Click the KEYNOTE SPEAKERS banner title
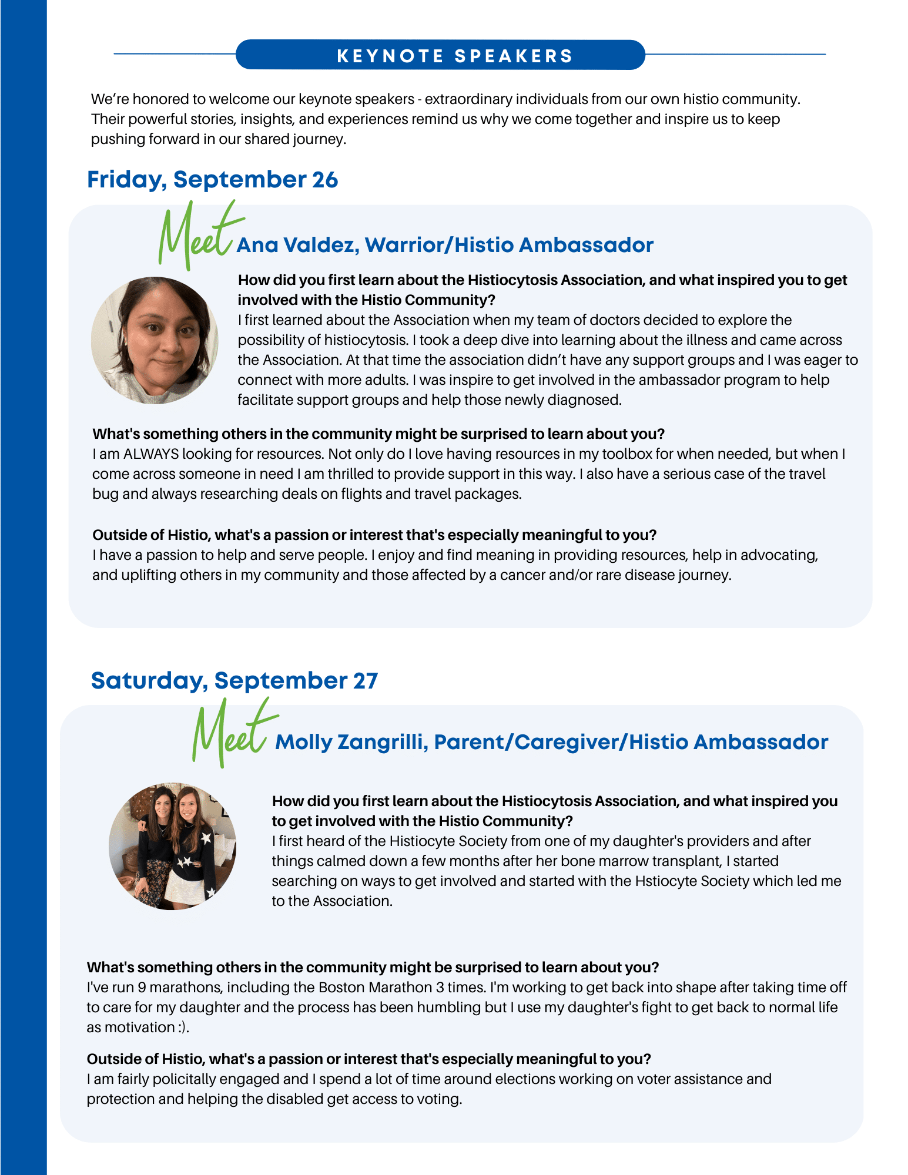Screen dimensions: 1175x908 (454, 56)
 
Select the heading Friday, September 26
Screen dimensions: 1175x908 (212, 180)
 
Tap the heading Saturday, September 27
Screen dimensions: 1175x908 (234, 680)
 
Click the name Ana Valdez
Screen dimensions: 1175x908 (297, 245)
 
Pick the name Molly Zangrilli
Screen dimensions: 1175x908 (351, 742)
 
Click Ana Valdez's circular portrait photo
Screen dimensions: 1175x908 (155, 340)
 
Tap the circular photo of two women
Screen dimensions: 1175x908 (172, 846)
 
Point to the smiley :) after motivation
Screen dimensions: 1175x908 (183, 1028)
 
